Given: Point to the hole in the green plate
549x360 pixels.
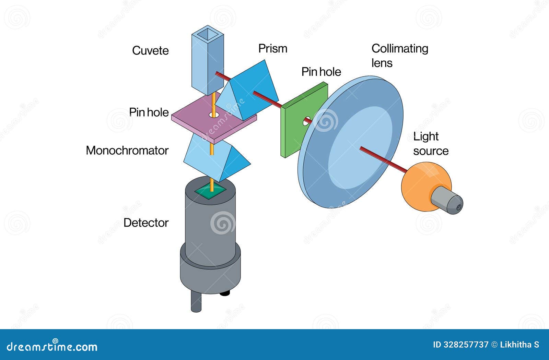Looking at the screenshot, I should point(307,120).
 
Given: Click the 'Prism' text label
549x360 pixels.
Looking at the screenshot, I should point(272,48).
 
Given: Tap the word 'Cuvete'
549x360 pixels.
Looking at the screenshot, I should point(150,51).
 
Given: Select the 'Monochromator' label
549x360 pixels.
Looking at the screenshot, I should point(127,151).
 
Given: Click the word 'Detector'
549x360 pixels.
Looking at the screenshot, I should point(146,223).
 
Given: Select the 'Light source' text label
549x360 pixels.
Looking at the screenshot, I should point(430,144).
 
